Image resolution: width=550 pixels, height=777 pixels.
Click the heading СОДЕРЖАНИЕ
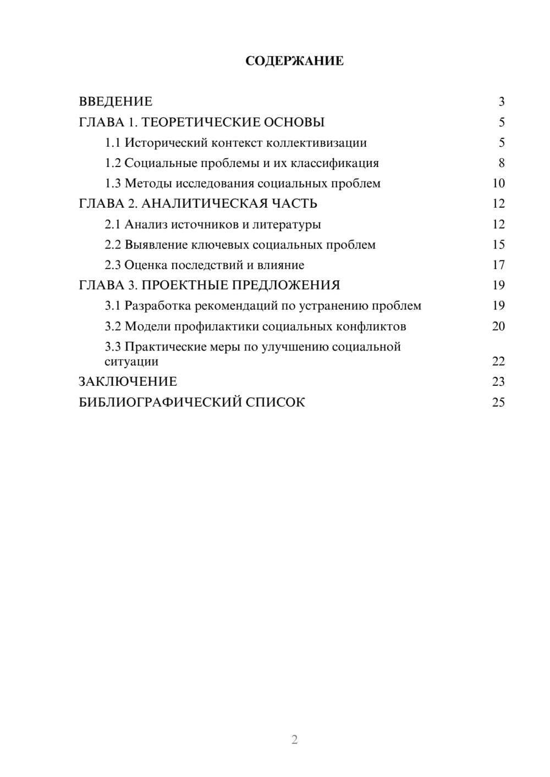pyautogui.click(x=294, y=61)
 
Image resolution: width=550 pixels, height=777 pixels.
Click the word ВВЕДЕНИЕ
pyautogui.click(x=116, y=102)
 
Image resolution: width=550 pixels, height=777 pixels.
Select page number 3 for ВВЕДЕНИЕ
pyautogui.click(x=501, y=102)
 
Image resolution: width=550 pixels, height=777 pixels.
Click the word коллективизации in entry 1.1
pyautogui.click(x=316, y=143)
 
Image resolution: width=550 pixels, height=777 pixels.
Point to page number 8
pyautogui.click(x=501, y=163)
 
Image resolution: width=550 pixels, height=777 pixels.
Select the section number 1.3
pyautogui.click(x=113, y=184)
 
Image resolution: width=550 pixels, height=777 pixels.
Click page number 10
pyautogui.click(x=498, y=184)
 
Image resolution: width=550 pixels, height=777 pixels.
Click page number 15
pyautogui.click(x=498, y=245)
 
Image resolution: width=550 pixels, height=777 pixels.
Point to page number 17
pyautogui.click(x=498, y=265)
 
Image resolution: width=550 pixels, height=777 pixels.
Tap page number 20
pyautogui.click(x=498, y=326)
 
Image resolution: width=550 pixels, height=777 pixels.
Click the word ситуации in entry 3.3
pyautogui.click(x=131, y=362)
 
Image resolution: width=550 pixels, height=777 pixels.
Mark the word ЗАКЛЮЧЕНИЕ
pyautogui.click(x=128, y=381)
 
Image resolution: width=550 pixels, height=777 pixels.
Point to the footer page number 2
pyautogui.click(x=294, y=740)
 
